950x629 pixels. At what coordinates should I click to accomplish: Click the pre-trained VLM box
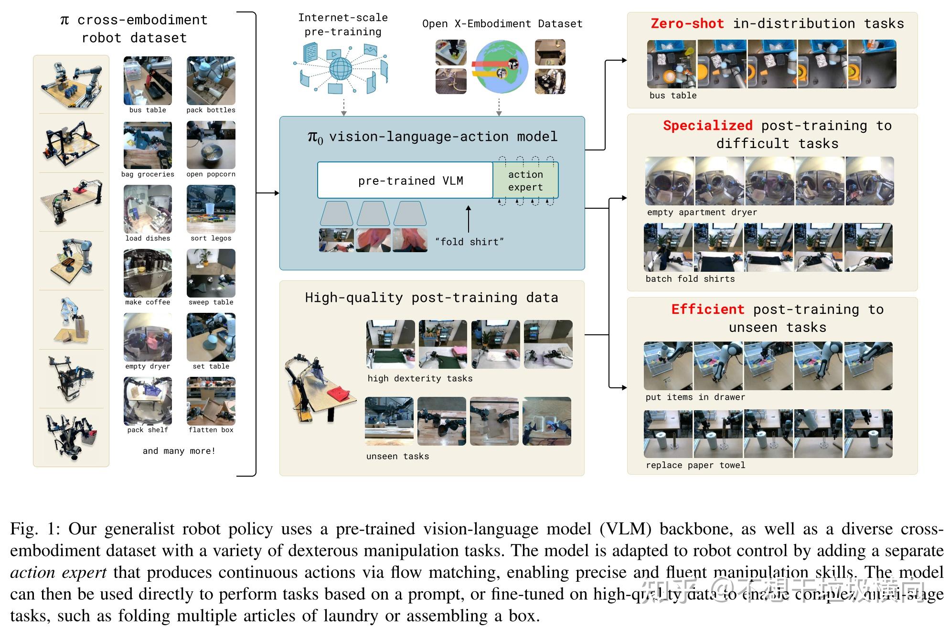pos(405,180)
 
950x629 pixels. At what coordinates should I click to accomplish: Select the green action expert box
pos(525,181)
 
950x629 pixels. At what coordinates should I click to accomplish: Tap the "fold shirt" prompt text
pos(470,242)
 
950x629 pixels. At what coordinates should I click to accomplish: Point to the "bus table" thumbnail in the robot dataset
pos(148,81)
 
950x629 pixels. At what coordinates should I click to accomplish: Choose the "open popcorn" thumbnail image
pos(211,145)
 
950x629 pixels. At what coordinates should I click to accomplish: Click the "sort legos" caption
pos(211,238)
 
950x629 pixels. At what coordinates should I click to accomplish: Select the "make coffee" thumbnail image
pos(148,273)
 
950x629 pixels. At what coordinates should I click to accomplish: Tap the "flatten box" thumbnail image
pos(211,401)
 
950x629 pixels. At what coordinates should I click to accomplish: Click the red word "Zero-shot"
pos(687,23)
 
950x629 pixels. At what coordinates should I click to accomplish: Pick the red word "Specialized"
pos(707,126)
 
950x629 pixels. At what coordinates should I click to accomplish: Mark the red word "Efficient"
pos(707,309)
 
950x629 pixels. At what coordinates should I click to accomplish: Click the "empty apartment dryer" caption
pos(702,212)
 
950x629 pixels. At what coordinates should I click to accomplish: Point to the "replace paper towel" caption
pos(695,465)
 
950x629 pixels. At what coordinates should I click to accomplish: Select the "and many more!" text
pos(179,450)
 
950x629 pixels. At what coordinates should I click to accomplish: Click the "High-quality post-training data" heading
pos(431,298)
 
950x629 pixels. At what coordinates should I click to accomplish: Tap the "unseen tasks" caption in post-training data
pos(397,456)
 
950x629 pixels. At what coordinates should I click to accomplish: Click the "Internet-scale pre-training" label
pos(343,24)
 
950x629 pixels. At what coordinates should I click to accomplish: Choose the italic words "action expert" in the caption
pos(58,572)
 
